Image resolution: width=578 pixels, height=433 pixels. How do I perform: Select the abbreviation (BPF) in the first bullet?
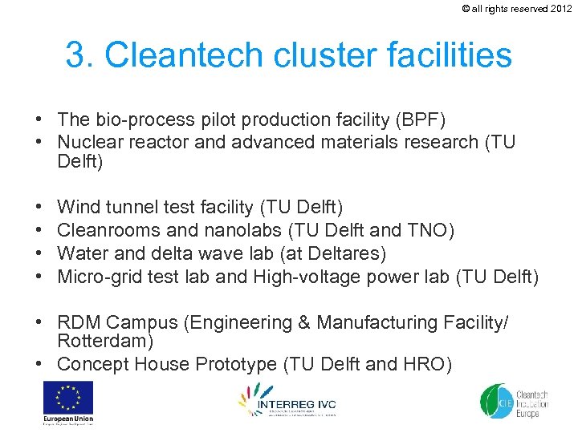coord(418,119)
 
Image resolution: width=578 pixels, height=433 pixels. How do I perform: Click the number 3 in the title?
coord(77,55)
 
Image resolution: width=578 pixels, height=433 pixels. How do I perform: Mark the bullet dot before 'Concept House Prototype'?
coord(39,365)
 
